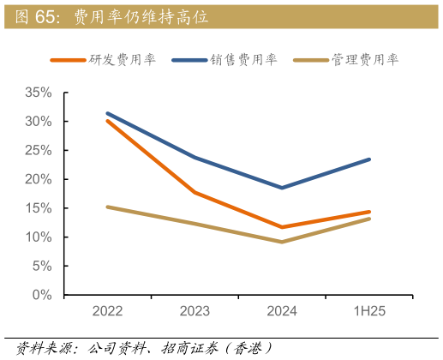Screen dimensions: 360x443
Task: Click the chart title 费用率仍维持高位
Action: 141,16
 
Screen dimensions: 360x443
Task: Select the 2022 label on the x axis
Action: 107,312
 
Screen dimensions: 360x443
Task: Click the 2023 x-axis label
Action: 195,312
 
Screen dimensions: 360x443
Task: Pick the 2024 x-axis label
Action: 282,312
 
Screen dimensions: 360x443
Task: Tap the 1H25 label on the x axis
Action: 369,312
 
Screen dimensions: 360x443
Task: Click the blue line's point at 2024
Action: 282,187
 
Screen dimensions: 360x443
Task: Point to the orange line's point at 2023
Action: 195,193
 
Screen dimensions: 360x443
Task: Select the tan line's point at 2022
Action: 107,207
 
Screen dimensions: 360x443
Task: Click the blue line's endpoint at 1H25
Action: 369,159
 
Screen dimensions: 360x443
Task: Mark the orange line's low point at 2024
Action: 282,227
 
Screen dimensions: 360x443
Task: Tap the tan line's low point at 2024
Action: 282,242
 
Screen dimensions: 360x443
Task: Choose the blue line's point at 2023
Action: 195,158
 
